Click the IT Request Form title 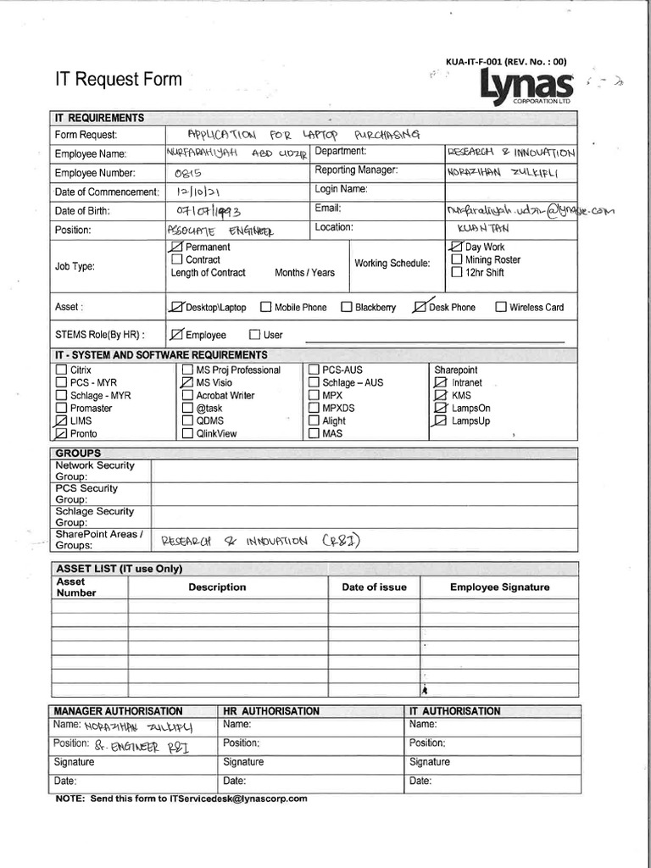pos(118,80)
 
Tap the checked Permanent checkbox pos(177,247)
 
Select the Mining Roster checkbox pos(457,259)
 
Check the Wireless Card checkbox pos(501,307)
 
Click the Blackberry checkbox pos(346,307)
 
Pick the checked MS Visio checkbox pos(187,382)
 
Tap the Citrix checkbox pos(61,370)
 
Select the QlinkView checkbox pos(187,433)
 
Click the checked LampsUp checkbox pos(440,420)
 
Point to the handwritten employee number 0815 pos(185,173)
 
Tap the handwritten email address pos(529,209)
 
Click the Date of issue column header pos(374,587)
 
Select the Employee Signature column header pos(499,587)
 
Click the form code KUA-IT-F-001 pos(474,60)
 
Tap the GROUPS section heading pos(78,453)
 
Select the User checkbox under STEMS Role pos(254,335)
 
